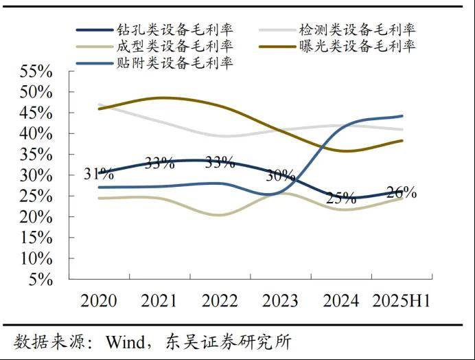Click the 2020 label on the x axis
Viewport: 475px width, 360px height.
[x=99, y=301]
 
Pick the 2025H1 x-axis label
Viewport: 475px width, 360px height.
[x=401, y=301]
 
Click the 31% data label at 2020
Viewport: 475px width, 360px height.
[x=99, y=175]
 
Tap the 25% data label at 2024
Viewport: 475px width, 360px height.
[x=341, y=199]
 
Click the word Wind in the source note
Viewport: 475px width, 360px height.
[x=123, y=341]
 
